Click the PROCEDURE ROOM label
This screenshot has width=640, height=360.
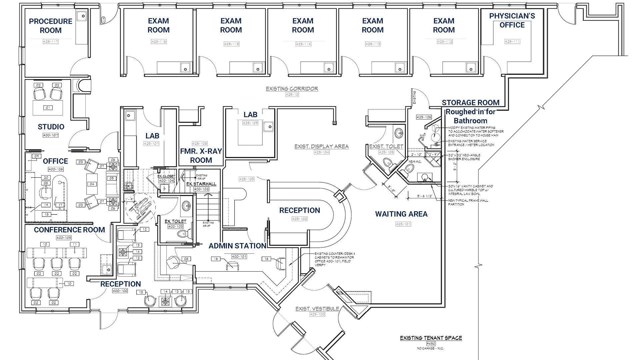[x=51, y=26]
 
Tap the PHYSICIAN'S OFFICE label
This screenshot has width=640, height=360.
[x=512, y=20]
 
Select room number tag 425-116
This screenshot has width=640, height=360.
[x=159, y=42]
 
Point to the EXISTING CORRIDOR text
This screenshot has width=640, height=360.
[x=292, y=89]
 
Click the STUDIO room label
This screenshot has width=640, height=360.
[x=51, y=127]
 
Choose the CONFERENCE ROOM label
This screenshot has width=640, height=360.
[x=69, y=230]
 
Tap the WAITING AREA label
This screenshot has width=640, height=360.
[x=401, y=214]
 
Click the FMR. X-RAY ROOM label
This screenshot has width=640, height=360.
[x=201, y=156]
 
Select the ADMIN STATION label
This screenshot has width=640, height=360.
[x=237, y=246]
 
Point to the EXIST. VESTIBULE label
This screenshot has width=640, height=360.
[x=317, y=309]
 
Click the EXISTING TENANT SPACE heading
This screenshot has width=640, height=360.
[x=431, y=338]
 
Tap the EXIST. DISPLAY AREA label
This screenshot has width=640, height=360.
[x=321, y=146]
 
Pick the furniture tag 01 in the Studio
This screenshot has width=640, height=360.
[x=48, y=108]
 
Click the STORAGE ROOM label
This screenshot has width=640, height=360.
[x=470, y=103]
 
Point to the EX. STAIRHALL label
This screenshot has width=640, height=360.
[x=201, y=184]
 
